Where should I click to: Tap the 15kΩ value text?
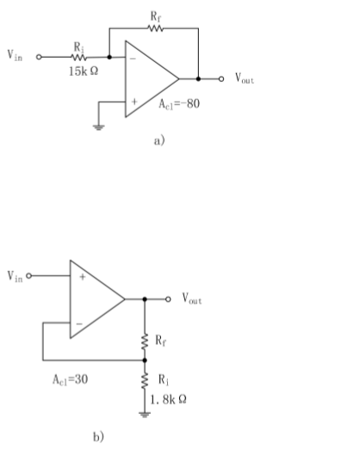click(84, 71)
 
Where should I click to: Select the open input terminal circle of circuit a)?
click(38, 58)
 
